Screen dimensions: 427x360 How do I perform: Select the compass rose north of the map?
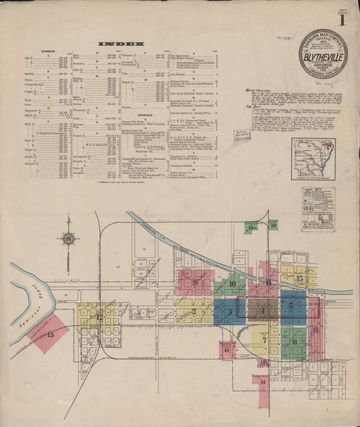point(69,238)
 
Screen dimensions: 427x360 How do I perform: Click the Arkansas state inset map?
point(313,159)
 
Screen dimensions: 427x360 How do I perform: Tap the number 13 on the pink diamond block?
point(50,334)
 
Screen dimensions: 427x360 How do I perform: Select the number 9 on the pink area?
point(195,282)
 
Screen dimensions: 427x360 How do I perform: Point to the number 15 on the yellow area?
point(299,278)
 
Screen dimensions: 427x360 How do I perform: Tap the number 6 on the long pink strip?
point(315,329)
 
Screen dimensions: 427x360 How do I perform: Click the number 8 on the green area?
point(295,341)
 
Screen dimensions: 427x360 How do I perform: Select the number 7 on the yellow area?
point(264,341)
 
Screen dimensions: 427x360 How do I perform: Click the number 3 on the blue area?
point(230,311)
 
